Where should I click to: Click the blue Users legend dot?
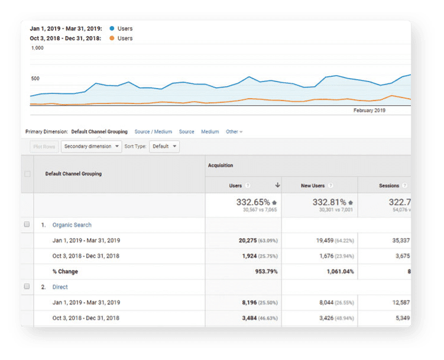111,28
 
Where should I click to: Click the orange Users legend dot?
111,38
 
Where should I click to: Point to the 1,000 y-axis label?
37,48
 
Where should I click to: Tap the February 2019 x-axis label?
370,111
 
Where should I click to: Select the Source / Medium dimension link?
153,132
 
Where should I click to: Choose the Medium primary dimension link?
210,132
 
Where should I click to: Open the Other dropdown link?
234,132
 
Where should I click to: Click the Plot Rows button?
43,146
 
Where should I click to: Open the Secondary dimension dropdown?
91,146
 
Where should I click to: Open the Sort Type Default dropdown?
164,146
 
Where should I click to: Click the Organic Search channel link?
72,225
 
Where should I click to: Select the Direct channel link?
60,287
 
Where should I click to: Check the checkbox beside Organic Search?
27,225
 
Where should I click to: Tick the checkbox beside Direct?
27,287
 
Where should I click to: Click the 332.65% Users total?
253,202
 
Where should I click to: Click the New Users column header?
313,186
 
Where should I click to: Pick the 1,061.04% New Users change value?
336,272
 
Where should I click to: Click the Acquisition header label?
221,166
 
